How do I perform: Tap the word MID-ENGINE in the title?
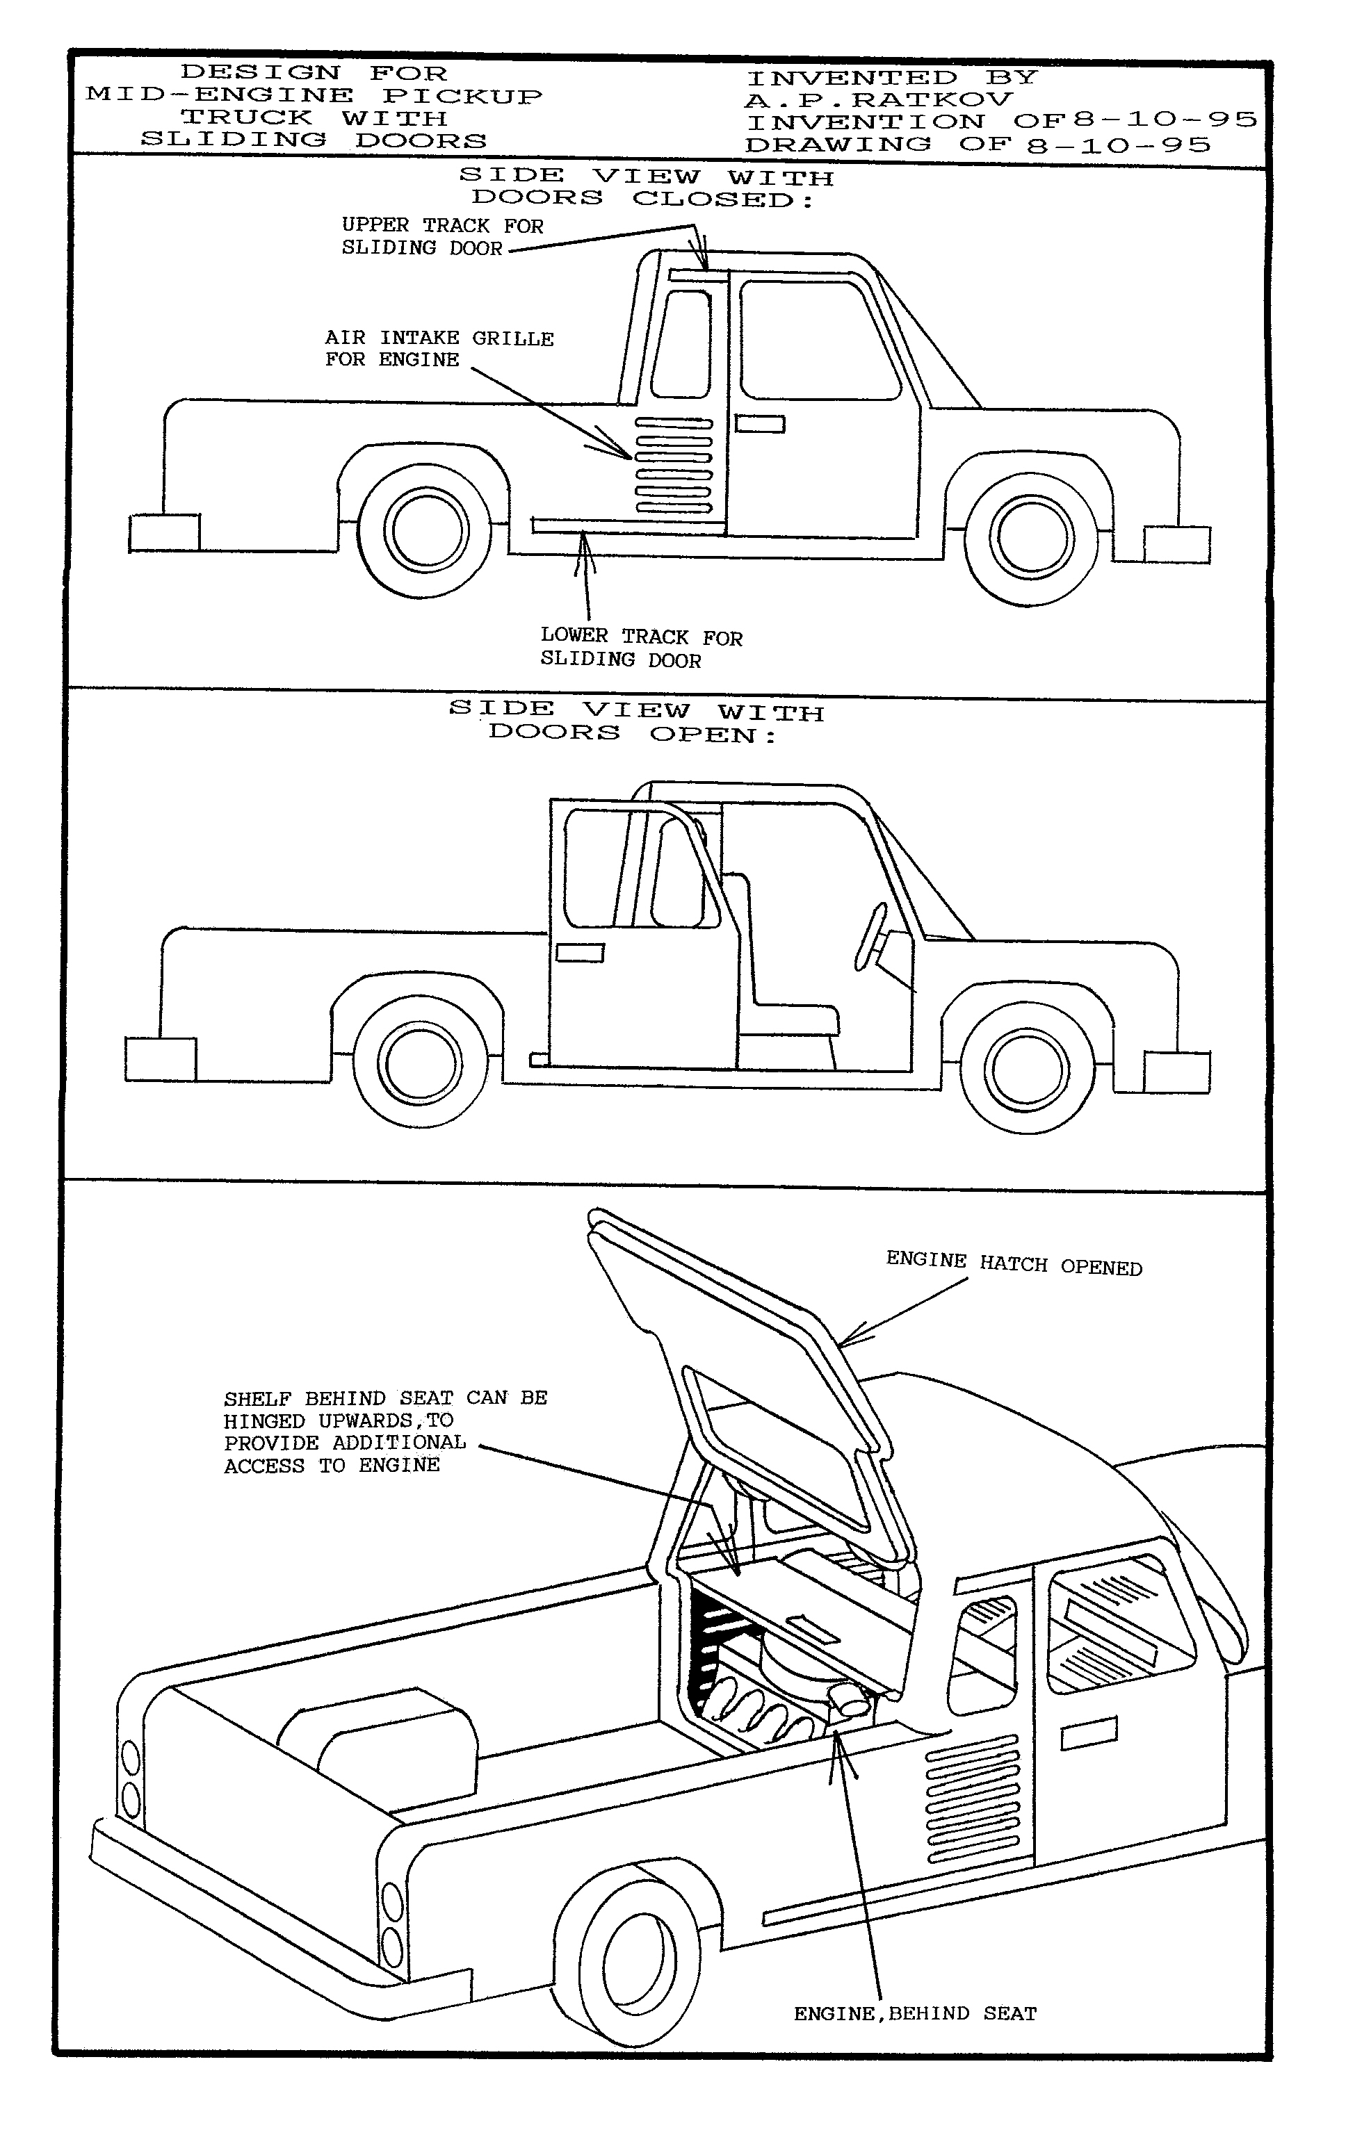click(219, 95)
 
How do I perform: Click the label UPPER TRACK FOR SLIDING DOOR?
click(441, 237)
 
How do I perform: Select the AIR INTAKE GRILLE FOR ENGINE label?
click(438, 349)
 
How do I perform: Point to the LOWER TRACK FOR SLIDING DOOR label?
click(640, 648)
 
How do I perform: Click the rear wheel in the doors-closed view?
click(425, 530)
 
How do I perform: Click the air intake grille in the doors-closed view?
click(673, 466)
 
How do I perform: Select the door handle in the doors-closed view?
click(759, 425)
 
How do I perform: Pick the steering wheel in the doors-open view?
click(870, 936)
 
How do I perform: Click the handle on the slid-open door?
click(580, 953)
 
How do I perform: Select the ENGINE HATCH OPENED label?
click(1013, 1263)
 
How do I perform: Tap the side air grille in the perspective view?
click(972, 1797)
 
